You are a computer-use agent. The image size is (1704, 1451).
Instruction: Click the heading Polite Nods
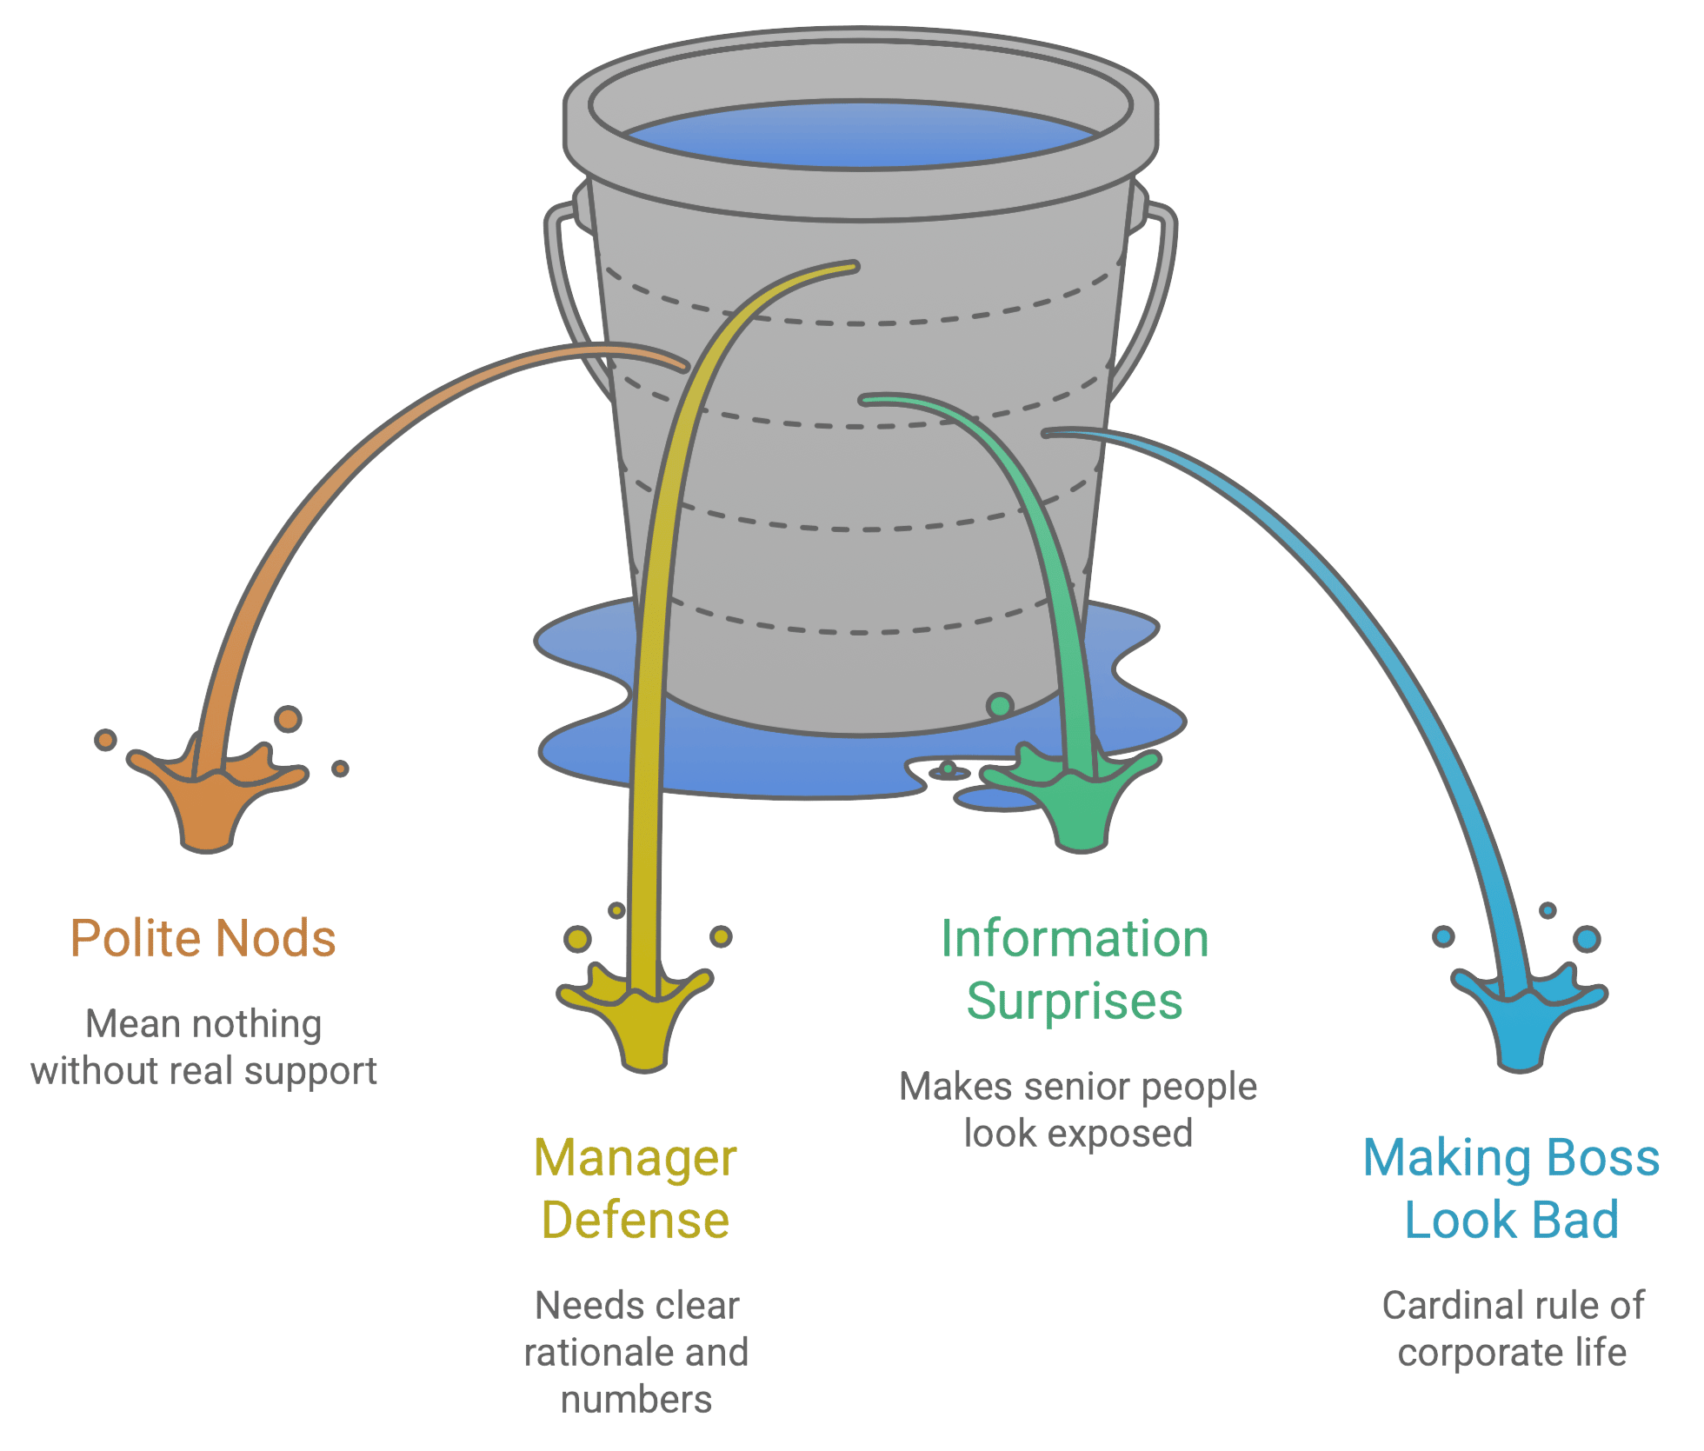tap(203, 938)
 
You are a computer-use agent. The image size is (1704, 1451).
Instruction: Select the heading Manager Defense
tap(636, 1188)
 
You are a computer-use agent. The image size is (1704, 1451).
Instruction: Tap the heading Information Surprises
tap(1075, 969)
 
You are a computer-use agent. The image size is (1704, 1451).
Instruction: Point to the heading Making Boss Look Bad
tap(1512, 1188)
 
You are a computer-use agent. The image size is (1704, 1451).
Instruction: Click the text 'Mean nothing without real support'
tap(204, 1048)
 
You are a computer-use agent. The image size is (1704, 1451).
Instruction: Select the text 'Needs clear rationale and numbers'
tap(636, 1352)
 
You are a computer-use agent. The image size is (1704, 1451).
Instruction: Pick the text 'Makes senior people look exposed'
tap(1079, 1110)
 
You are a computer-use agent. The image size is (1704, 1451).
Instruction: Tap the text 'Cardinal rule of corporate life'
tap(1513, 1328)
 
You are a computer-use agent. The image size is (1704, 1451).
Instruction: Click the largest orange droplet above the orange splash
tap(288, 719)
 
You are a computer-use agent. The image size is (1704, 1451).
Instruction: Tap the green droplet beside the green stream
tap(1000, 705)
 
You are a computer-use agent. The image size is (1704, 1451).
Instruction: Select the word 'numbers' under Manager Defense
tap(636, 1400)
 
